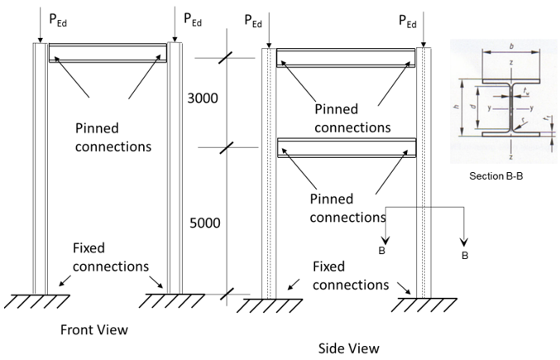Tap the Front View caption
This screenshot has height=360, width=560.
pyautogui.click(x=94, y=329)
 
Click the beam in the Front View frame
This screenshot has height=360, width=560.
pyautogui.click(x=108, y=55)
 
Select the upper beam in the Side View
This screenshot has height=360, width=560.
pyautogui.click(x=345, y=58)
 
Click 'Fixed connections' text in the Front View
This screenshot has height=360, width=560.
pyautogui.click(x=110, y=257)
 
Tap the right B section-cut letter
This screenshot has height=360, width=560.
pyautogui.click(x=464, y=257)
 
